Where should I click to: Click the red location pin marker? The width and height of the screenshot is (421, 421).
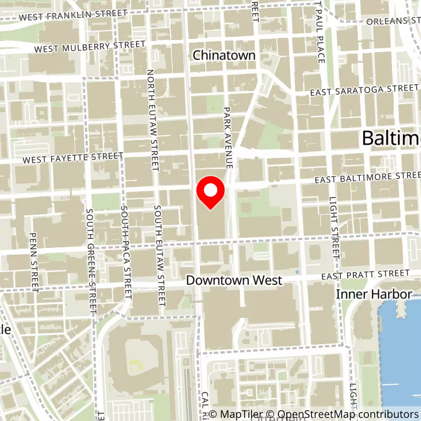click(210, 192)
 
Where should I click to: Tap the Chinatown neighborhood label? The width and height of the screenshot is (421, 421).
click(224, 55)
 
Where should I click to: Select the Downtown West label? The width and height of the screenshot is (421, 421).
click(234, 280)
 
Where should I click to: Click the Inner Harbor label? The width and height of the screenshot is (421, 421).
click(374, 294)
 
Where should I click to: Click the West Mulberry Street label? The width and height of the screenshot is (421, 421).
click(89, 47)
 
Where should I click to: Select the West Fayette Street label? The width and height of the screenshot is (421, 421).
click(72, 157)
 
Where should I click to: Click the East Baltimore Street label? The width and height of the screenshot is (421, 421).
click(368, 177)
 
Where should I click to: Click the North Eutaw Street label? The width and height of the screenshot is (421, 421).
click(153, 121)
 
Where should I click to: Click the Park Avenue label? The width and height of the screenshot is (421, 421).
click(227, 136)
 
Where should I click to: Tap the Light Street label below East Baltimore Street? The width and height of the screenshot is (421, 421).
click(334, 226)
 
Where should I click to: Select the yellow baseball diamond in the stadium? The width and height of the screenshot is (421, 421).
click(136, 365)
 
